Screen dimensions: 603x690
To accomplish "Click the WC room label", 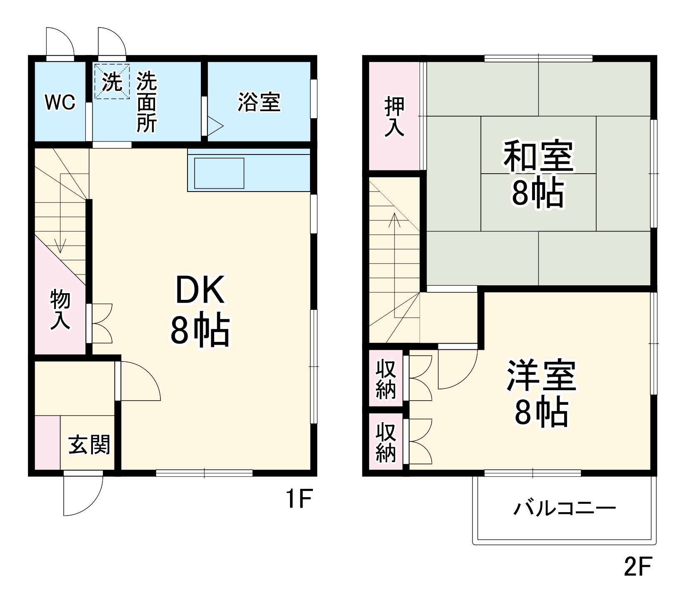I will [x=60, y=102].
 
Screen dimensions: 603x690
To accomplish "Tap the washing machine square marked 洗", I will [x=112, y=82].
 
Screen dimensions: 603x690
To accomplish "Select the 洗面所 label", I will [x=147, y=102].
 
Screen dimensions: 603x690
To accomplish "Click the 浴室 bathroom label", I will [x=259, y=102].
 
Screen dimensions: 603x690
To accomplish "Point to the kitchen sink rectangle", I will [x=219, y=173].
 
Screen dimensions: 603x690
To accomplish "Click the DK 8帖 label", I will [x=200, y=310].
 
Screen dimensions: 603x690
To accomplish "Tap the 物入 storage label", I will [x=60, y=310].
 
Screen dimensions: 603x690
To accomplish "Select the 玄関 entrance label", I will [x=89, y=445].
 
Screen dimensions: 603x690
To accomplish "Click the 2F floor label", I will [x=637, y=566].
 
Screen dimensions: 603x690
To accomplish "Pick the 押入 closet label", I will [x=394, y=116].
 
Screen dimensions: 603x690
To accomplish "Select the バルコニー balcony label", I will [x=564, y=508].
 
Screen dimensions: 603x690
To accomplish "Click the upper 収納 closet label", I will [x=385, y=379].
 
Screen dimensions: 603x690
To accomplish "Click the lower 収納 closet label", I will [x=385, y=442].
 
